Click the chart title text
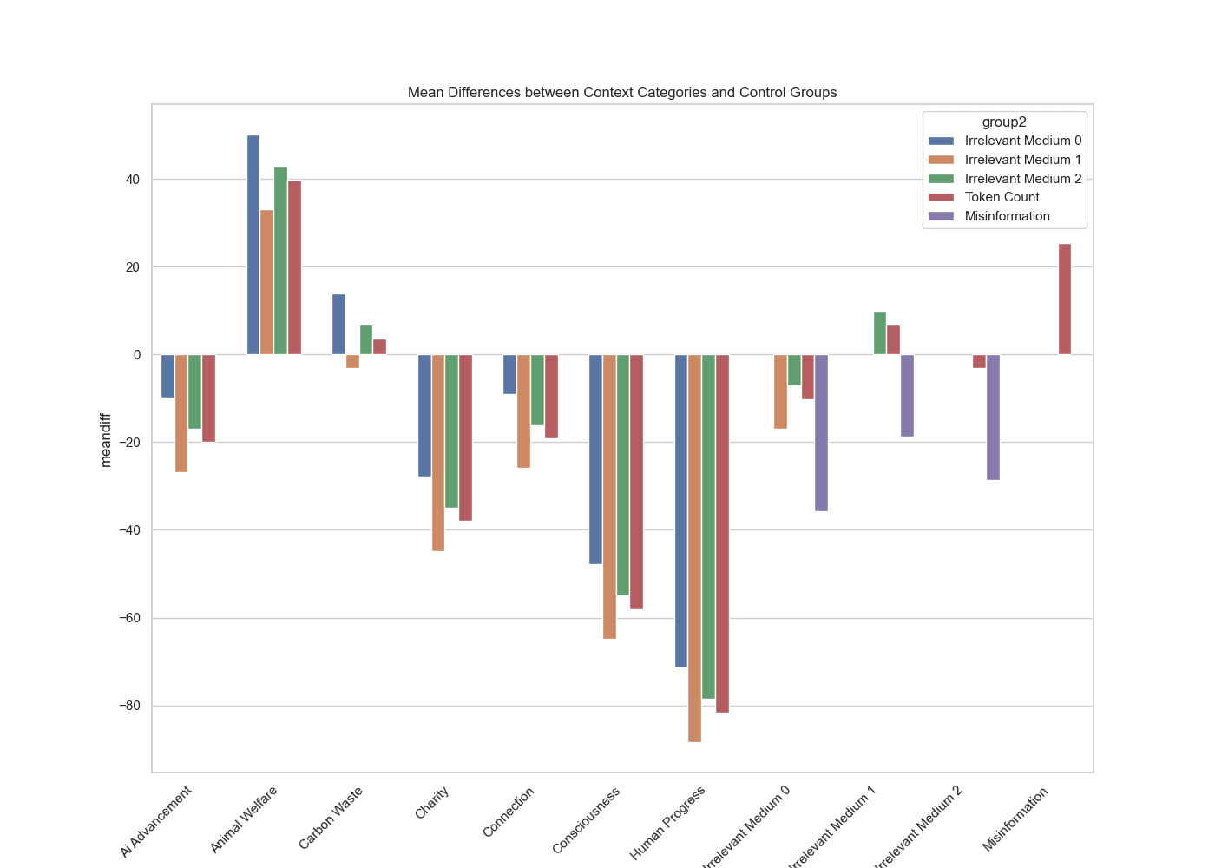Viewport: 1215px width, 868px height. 622,92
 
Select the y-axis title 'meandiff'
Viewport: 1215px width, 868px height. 106,440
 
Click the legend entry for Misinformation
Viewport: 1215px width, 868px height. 1007,216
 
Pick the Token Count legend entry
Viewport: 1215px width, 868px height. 1002,197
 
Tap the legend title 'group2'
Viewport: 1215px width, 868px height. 1004,122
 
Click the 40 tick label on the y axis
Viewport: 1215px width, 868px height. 132,180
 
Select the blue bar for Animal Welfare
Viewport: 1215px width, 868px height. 253,245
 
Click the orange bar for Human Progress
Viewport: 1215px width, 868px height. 694,548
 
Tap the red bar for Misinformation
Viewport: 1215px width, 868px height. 1064,299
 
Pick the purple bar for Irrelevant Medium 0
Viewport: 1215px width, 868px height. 821,432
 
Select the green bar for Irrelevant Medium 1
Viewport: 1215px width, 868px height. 880,333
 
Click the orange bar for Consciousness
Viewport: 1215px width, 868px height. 609,496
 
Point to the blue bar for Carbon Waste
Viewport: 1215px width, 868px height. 338,325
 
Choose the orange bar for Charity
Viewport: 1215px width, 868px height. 438,452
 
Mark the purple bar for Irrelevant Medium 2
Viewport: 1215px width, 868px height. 993,417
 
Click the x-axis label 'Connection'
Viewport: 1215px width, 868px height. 509,812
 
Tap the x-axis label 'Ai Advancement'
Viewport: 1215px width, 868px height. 156,821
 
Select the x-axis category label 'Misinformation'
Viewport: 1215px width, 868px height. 1015,819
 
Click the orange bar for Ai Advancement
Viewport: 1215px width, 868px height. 181,413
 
